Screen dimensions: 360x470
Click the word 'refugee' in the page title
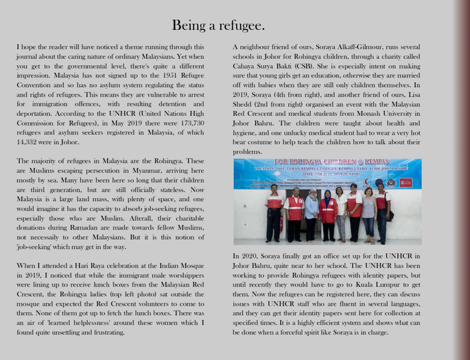click(242, 26)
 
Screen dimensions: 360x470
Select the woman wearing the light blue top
click(312, 213)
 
